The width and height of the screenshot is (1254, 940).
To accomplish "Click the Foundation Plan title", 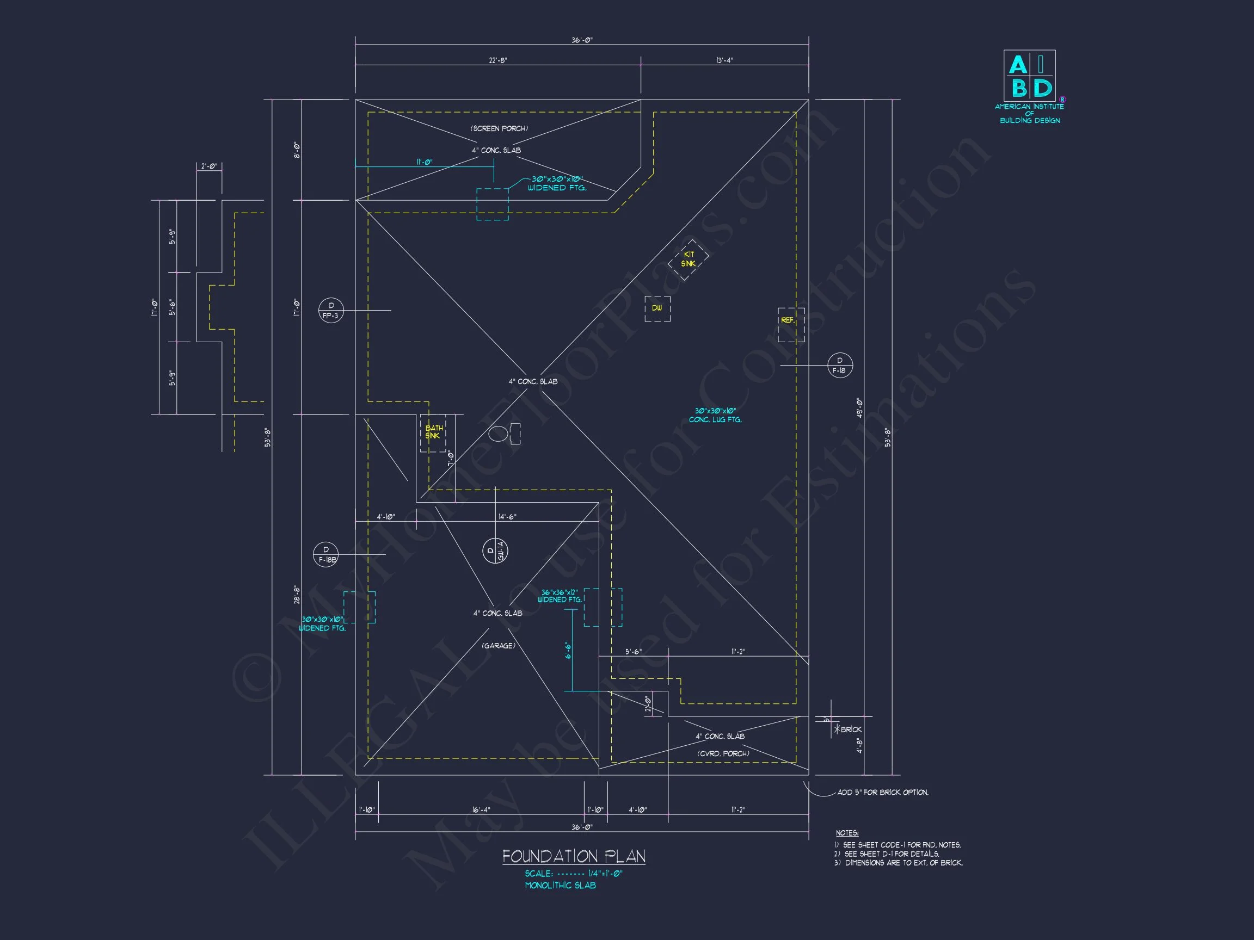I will click(x=573, y=856).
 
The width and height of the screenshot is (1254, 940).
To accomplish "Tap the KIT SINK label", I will click(x=688, y=259).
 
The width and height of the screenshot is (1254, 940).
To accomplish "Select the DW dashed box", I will click(x=657, y=308).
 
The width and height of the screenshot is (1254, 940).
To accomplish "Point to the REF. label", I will click(x=788, y=320).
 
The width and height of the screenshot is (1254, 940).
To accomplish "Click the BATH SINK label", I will click(x=434, y=432).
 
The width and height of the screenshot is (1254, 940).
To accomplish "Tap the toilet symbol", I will click(x=503, y=434).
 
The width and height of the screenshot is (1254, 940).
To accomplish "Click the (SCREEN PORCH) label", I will click(x=499, y=128).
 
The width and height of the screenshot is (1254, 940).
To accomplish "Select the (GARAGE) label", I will click(x=499, y=646).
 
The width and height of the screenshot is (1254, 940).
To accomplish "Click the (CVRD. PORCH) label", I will click(x=723, y=753).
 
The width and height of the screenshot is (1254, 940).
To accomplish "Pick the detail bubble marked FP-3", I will click(x=330, y=311).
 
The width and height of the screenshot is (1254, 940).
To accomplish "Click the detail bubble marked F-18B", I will click(x=326, y=555).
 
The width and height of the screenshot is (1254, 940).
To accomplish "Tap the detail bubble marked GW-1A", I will click(x=494, y=550).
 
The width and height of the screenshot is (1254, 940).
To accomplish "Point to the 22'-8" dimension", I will click(x=498, y=60).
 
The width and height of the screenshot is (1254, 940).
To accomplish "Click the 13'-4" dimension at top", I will click(x=724, y=60).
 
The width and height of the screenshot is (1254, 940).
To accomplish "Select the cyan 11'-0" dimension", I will click(x=424, y=162).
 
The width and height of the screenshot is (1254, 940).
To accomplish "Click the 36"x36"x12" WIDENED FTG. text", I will click(x=560, y=596).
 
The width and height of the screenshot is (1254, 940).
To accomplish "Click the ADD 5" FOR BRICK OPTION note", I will click(x=883, y=792).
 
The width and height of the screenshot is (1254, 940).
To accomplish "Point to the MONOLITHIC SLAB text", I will click(x=560, y=885).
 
